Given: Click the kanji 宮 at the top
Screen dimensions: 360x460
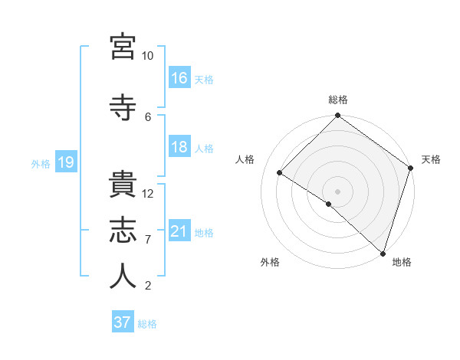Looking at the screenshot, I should point(123,47).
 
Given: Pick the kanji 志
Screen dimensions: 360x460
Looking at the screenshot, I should point(123,231).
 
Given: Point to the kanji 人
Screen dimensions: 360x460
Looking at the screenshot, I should point(123,276).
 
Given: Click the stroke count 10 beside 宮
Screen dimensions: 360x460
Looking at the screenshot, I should point(147,56).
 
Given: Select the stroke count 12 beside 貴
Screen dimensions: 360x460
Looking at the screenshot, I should point(148,194).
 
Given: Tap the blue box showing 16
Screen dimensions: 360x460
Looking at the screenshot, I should point(179,78).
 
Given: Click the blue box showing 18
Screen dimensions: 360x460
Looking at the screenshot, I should point(179,147).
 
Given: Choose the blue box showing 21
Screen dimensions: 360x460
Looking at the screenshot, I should point(179,231).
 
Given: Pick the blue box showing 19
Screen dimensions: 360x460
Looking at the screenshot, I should point(65,162).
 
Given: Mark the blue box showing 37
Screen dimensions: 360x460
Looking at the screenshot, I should point(122,322).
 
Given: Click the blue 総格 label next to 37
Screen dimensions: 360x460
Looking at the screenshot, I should point(147,324).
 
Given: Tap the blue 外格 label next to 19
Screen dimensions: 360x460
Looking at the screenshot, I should point(41,163).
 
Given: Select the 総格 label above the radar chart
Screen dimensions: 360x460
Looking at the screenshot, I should point(337,100).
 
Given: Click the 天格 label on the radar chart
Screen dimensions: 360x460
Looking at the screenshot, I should point(431,159).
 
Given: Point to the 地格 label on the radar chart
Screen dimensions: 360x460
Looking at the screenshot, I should point(402,262).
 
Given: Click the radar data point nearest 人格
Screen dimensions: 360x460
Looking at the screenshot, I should point(280,173).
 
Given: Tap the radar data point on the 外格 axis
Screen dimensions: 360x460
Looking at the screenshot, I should point(329,204).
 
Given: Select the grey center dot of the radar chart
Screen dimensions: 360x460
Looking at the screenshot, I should point(337,191).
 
